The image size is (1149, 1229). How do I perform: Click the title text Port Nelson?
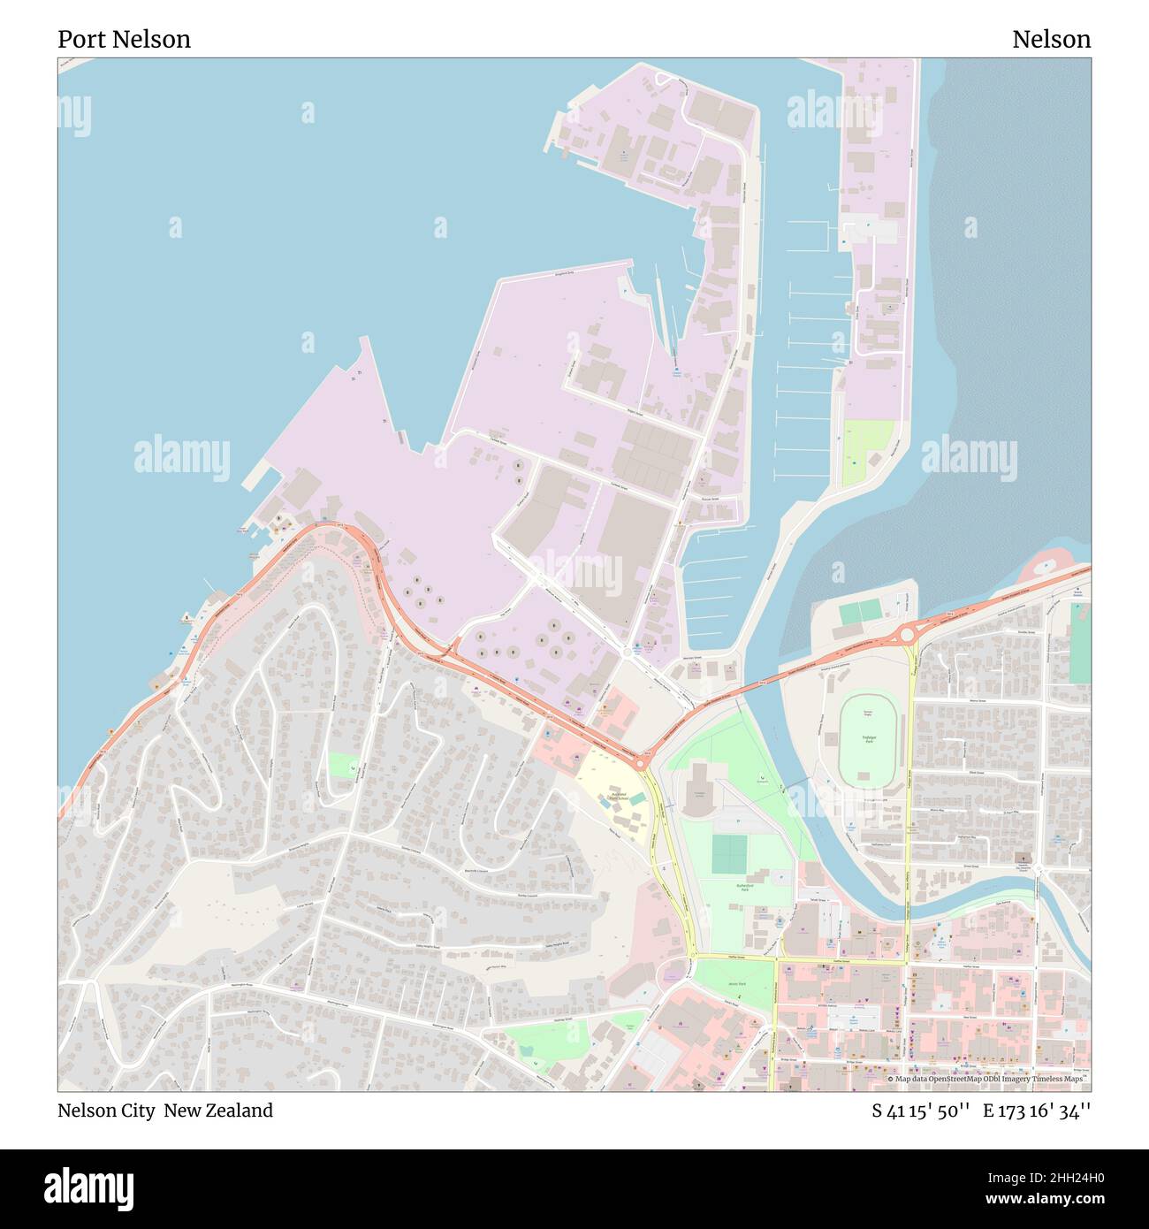click(124, 39)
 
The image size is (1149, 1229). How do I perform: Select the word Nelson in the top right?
click(1051, 39)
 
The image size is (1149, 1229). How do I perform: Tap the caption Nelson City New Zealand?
click(165, 1111)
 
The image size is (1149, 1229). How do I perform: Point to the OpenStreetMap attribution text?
click(987, 1079)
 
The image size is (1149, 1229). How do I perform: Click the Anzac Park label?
click(736, 983)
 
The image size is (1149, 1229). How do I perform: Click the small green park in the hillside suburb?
click(343, 765)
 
